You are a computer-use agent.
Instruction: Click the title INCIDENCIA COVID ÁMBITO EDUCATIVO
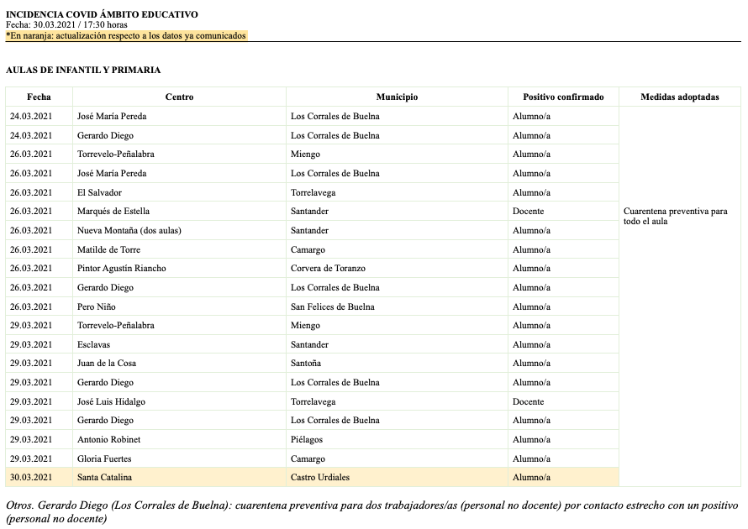102,14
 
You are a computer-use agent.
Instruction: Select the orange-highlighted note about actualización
126,36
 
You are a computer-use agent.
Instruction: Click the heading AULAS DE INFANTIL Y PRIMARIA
83,71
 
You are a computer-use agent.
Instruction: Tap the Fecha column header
39,97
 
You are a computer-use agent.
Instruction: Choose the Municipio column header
397,97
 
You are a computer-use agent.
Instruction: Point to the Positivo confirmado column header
563,97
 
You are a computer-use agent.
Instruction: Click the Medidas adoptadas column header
679,97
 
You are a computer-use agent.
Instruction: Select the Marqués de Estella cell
113,212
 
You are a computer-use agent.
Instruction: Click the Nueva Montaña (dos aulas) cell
129,231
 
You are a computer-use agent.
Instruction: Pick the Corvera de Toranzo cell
328,269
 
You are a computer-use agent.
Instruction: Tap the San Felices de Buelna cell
332,306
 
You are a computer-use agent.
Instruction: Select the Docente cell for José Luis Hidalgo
528,401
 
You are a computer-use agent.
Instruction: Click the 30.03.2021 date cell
31,478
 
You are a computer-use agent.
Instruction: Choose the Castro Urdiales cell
319,478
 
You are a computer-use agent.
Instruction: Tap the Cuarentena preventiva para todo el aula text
675,217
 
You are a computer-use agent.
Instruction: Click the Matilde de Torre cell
108,249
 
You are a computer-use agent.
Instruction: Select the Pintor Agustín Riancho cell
121,269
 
